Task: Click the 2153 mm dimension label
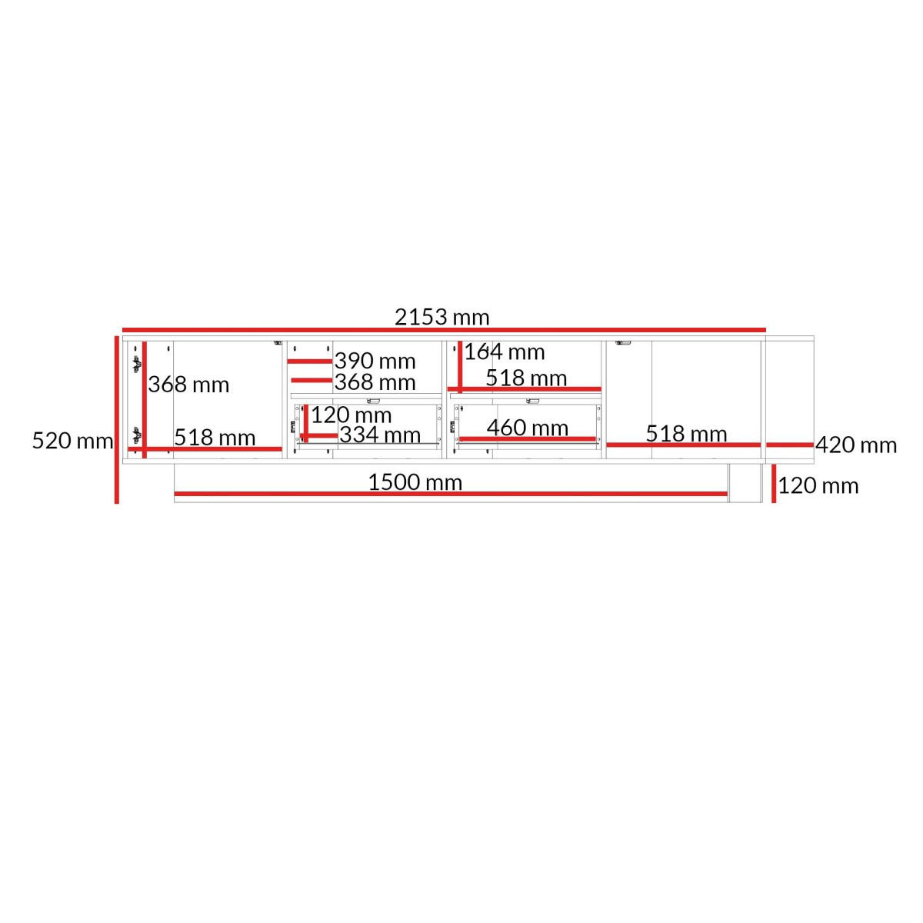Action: click(x=442, y=317)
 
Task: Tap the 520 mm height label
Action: click(x=72, y=441)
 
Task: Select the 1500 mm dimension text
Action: click(x=415, y=482)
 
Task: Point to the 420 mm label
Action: click(x=856, y=445)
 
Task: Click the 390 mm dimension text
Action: click(x=375, y=362)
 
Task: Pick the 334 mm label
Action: click(x=380, y=435)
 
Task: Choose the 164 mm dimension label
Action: click(x=505, y=352)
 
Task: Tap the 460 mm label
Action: click(x=528, y=428)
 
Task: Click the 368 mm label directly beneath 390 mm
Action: click(x=375, y=382)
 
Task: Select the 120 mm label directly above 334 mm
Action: click(x=351, y=415)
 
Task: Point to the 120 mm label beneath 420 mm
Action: click(x=818, y=485)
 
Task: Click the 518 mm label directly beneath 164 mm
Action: click(x=526, y=378)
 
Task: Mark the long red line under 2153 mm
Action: click(x=444, y=329)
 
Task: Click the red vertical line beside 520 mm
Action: click(x=116, y=420)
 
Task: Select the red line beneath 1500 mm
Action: click(x=451, y=494)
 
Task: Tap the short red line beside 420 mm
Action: click(x=790, y=445)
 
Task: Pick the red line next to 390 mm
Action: click(x=310, y=362)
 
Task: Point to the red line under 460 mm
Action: click(x=528, y=438)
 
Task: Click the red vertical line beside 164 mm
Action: click(x=460, y=366)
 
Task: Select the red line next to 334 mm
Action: click(x=319, y=436)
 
